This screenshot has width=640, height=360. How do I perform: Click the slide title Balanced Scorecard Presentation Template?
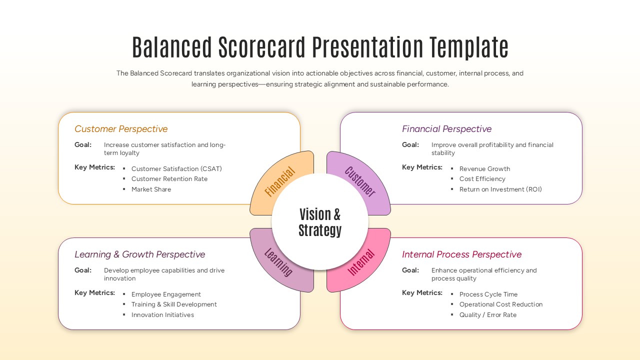tap(320, 47)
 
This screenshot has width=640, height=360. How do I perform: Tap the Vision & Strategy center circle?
tap(320, 222)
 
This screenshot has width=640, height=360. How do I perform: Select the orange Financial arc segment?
tap(280, 182)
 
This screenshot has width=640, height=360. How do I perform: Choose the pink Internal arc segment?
tap(360, 262)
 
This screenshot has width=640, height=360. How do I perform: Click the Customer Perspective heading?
tap(121, 129)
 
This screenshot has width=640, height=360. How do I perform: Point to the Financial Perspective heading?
tap(446, 129)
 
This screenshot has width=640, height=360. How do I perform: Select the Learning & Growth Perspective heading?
tap(139, 254)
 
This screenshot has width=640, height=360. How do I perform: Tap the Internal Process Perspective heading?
tap(461, 254)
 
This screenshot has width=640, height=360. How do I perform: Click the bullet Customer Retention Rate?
tap(169, 179)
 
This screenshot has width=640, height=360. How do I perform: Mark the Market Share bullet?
tap(151, 189)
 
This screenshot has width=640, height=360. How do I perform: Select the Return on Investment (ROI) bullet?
tap(500, 189)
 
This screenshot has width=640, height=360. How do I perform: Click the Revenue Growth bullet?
tap(484, 169)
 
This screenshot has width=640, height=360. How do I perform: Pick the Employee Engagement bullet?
tap(166, 294)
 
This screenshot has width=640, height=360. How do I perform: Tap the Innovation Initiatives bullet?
tap(162, 315)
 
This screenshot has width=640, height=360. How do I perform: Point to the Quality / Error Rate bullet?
tap(487, 315)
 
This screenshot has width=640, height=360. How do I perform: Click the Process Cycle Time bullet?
tap(488, 294)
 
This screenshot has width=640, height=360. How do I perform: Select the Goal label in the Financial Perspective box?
tap(410, 145)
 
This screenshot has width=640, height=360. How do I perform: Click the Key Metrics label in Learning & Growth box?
tap(94, 293)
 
